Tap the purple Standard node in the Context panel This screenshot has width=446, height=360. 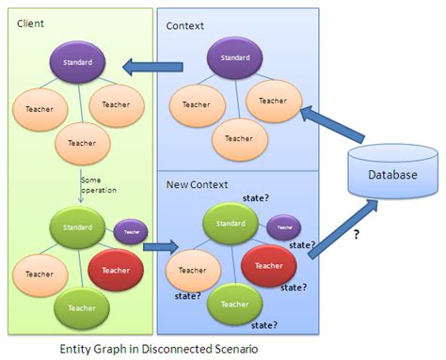(229, 59)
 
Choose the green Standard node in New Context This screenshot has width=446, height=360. (230, 224)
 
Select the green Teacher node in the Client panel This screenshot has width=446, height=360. (82, 306)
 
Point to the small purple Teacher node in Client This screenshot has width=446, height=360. (132, 231)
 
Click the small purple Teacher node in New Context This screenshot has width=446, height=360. (283, 227)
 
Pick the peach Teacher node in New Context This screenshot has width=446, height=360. (192, 272)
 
